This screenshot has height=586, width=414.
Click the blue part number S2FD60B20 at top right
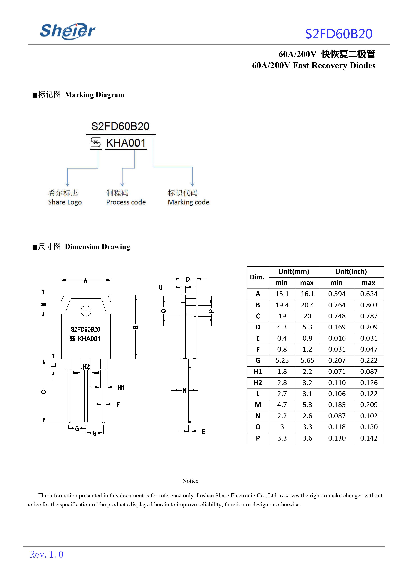click(x=339, y=34)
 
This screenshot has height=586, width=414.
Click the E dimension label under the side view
click(x=203, y=432)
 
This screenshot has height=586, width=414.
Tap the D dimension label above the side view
click(x=188, y=279)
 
